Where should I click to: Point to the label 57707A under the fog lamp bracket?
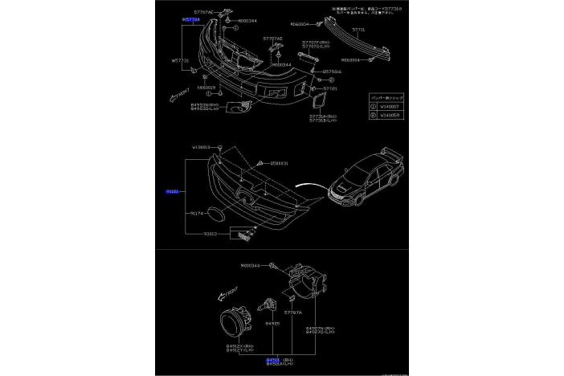tap(292, 312)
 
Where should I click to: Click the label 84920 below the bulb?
tap(272, 324)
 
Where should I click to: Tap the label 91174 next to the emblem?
tap(196, 214)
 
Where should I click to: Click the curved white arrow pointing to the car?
tap(309, 187)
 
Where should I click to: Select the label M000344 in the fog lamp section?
tap(251, 265)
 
